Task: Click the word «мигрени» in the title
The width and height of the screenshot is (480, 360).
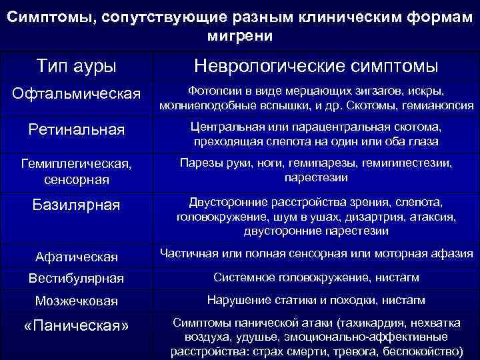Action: click(x=240, y=35)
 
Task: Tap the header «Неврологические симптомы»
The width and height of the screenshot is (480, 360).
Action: click(x=316, y=66)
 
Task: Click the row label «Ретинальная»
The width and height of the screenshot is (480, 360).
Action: click(x=76, y=129)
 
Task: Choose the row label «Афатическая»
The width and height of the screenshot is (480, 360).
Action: click(x=76, y=257)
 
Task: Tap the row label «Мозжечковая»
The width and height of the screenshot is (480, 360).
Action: click(x=76, y=301)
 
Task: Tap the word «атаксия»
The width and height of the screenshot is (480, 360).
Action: click(x=436, y=217)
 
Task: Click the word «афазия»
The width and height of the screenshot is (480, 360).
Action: click(x=455, y=253)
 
